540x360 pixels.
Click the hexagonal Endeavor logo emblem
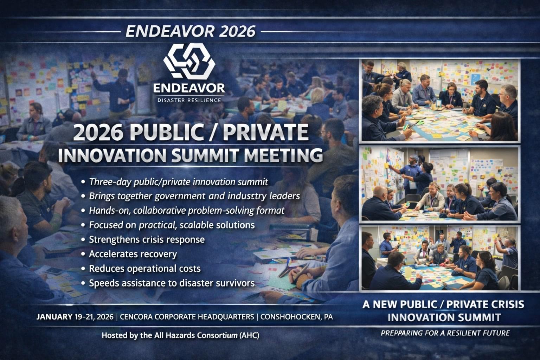tap(189, 61)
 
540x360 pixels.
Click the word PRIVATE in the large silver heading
tap(265, 132)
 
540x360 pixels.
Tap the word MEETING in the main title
tap(283, 155)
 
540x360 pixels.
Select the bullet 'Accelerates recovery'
tap(133, 254)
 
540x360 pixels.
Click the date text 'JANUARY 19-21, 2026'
tap(75, 317)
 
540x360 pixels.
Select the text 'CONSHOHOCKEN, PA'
tap(296, 317)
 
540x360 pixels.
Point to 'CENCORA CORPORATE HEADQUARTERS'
tap(187, 317)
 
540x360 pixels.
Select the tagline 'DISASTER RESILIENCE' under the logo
tap(189, 100)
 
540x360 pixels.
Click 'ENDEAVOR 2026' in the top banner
tap(191, 31)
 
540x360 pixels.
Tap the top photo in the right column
tap(441, 100)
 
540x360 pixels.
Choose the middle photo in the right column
tap(441, 184)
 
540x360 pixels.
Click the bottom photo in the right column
tap(441, 258)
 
